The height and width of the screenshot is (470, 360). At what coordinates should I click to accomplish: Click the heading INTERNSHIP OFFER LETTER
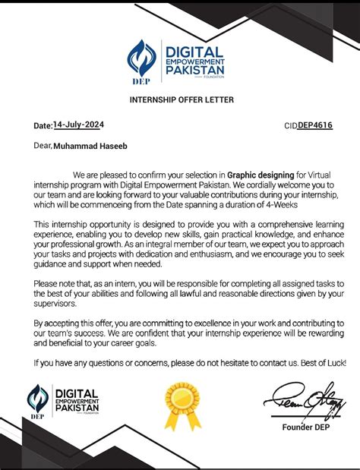(181, 99)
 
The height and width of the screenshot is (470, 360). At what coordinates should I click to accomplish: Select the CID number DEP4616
(315, 125)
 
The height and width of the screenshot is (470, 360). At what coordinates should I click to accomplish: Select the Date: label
(42, 125)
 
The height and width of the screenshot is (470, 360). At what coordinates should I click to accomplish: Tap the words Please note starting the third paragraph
(55, 282)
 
